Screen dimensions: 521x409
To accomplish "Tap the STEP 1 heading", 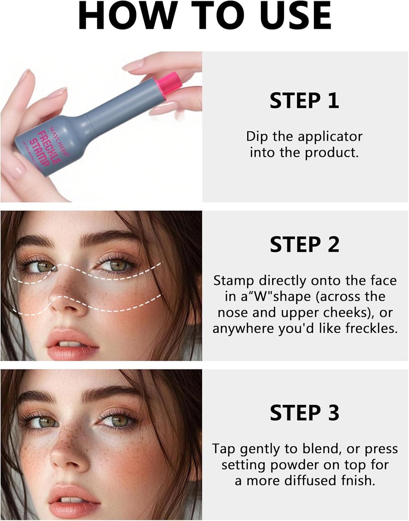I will (x=304, y=101).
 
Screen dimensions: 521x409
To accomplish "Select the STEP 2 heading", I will (x=304, y=245).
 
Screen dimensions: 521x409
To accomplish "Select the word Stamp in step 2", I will (x=234, y=280).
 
